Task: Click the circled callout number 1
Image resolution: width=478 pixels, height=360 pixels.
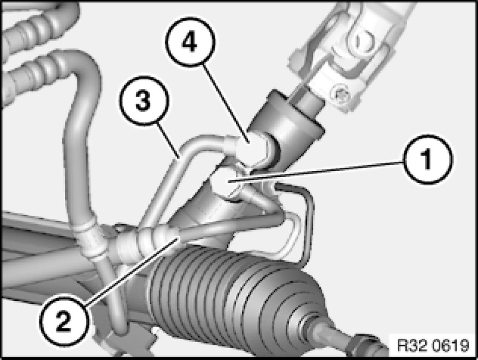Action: (428, 159)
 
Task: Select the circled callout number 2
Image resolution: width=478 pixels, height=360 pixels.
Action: (63, 321)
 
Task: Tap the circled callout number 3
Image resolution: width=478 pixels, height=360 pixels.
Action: (144, 101)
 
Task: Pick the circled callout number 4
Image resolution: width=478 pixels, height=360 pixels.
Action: (190, 42)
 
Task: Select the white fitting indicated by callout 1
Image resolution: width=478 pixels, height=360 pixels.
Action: (227, 184)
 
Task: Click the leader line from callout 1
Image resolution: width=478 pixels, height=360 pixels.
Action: (317, 172)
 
